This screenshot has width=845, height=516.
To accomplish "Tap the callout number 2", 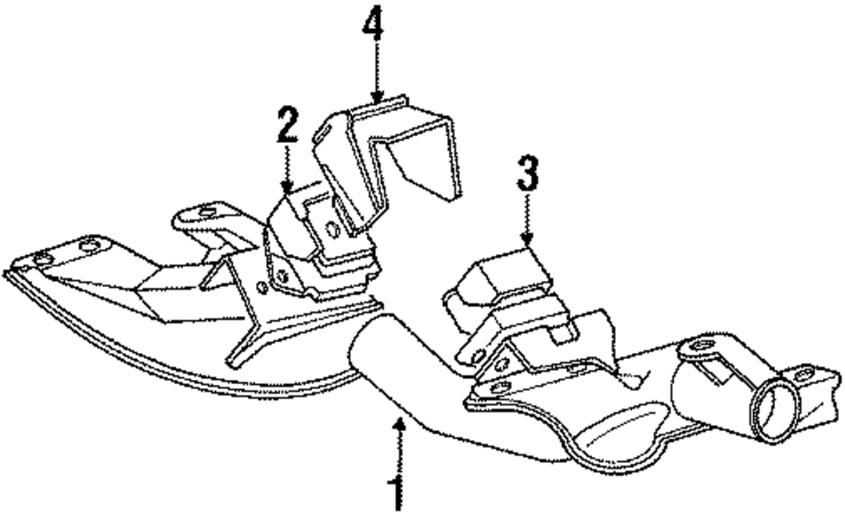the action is click(x=287, y=126).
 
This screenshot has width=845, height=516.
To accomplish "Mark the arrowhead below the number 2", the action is click(x=287, y=187).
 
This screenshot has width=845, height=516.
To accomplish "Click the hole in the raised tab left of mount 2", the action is click(x=204, y=210).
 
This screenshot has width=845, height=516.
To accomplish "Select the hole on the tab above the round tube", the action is click(x=701, y=347).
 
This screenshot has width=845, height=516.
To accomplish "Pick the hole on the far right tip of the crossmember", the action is click(x=803, y=372).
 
